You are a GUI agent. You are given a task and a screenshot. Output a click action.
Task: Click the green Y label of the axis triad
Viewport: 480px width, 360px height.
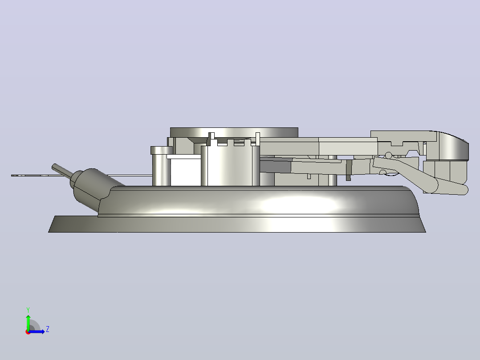(28, 310)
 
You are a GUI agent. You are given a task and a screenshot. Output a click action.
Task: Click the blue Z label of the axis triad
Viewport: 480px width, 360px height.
(48, 329)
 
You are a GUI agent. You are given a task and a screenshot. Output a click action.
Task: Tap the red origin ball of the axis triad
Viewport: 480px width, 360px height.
(28, 332)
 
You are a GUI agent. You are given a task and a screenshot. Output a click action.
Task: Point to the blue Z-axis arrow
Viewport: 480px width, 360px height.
(37, 331)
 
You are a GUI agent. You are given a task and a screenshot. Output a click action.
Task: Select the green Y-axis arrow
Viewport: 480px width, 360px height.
(28, 323)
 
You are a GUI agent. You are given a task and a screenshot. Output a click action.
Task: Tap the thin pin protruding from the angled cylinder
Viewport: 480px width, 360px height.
(62, 170)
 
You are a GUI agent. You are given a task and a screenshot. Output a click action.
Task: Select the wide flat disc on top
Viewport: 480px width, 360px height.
(234, 132)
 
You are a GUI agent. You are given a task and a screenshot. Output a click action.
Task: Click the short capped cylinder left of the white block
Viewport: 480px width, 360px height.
(161, 166)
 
